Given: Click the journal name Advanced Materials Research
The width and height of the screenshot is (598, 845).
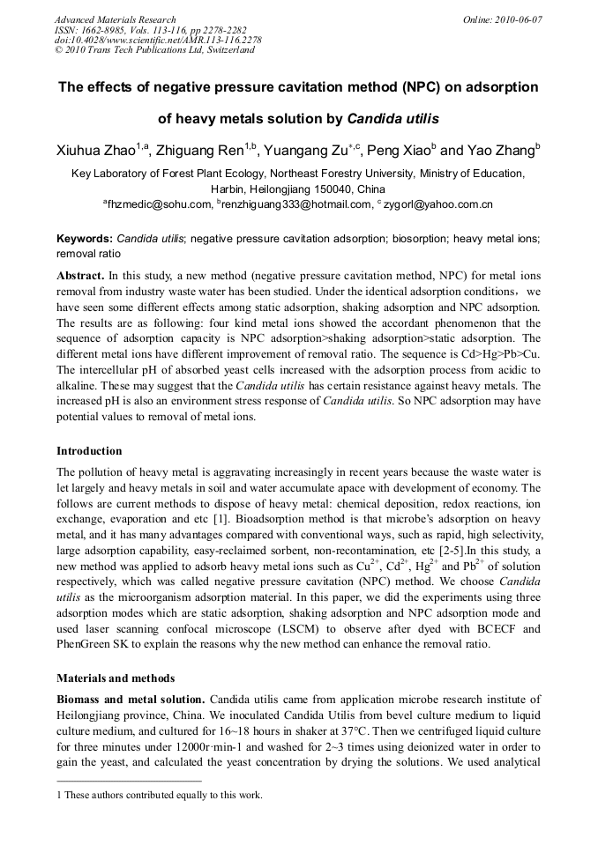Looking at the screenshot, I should click(115, 19).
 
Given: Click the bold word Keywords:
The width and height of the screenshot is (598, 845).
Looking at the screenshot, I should click(85, 239).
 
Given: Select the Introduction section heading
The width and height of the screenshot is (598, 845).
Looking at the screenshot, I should click(89, 451).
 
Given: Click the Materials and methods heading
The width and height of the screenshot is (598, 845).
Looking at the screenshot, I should click(116, 678).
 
